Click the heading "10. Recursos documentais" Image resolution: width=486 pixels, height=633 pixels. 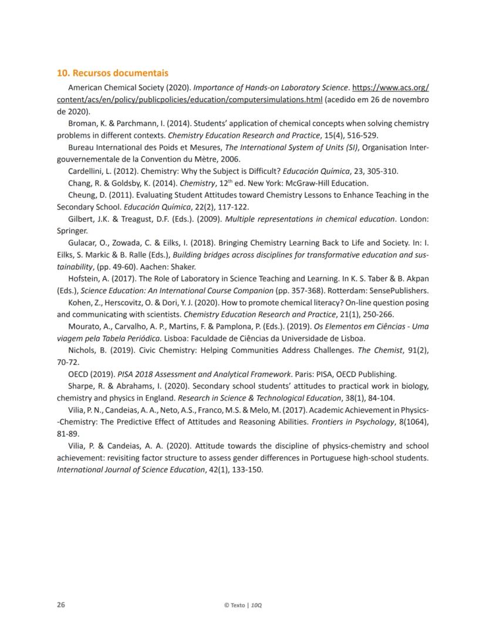click(112, 73)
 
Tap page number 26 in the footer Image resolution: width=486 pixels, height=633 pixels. click(60, 604)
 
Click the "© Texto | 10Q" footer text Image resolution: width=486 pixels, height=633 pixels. click(243, 605)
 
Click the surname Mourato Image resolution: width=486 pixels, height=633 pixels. click(85, 326)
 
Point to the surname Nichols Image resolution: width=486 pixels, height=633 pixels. click(83, 350)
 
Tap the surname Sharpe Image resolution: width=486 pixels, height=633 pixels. click(82, 386)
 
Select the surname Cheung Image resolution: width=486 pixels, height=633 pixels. click(83, 195)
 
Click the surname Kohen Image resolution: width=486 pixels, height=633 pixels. click(80, 303)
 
